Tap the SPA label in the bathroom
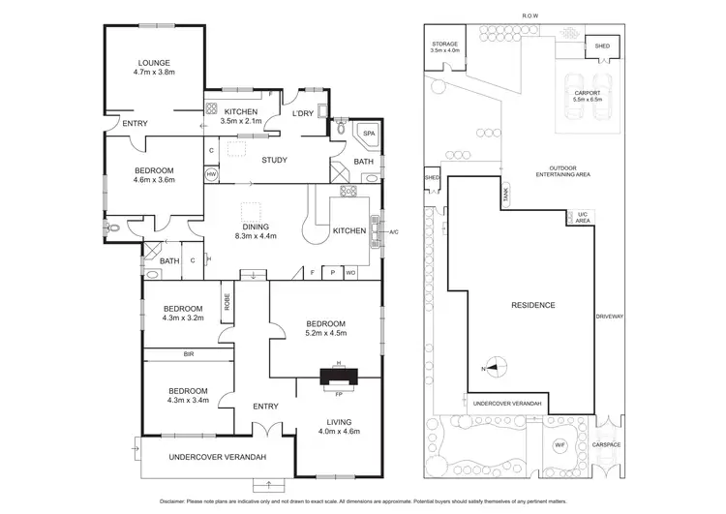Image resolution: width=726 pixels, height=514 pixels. point(368,133)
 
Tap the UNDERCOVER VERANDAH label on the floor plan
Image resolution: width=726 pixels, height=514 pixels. point(203,457)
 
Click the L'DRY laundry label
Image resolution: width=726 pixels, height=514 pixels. point(302,113)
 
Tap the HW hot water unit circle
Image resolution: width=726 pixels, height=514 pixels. point(211,174)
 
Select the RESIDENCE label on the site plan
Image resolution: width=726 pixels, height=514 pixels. point(532,305)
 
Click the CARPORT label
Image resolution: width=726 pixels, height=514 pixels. point(587,93)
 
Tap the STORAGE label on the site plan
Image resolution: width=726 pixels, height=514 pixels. point(444,44)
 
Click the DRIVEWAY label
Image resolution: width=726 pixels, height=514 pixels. point(609,316)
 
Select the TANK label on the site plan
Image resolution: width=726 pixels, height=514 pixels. point(505,195)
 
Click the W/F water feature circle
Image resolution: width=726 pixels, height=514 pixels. point(560,445)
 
